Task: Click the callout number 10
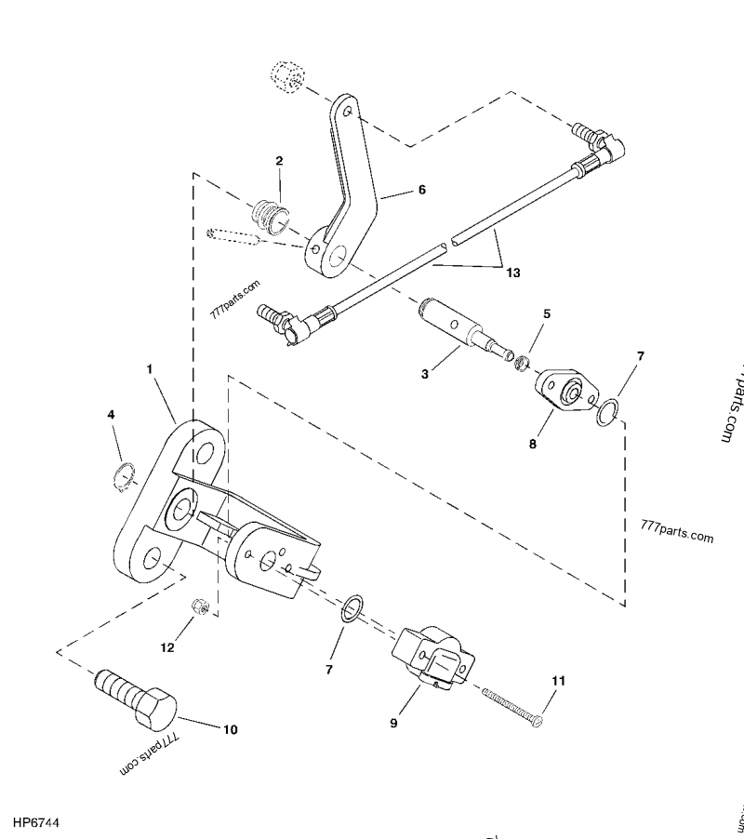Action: [228, 729]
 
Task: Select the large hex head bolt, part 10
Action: [138, 699]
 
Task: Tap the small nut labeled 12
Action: [198, 606]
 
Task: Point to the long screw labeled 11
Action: [511, 704]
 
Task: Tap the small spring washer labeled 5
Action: [525, 363]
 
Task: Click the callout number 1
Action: [150, 369]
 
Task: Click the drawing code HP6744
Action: [37, 823]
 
